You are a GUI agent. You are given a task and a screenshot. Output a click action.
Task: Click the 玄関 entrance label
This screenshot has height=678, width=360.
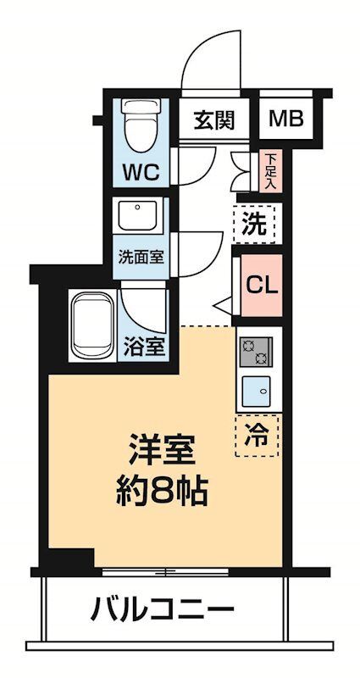(x=213, y=120)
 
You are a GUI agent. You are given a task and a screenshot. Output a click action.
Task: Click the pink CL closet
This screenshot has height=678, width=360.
(x=261, y=285)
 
